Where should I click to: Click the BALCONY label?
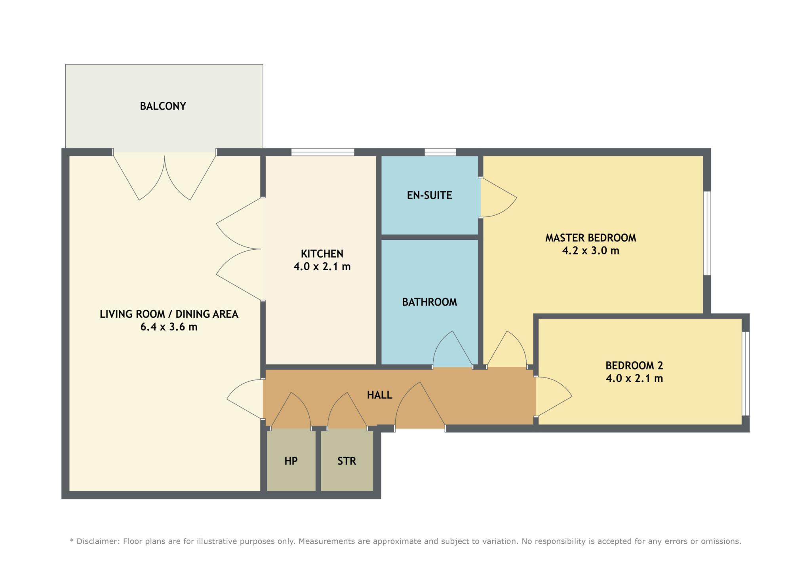point(163,106)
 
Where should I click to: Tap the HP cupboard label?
point(291,461)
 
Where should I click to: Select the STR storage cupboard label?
point(347,461)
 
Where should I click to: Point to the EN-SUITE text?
point(430,195)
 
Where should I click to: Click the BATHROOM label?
point(430,302)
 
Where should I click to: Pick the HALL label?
point(379,395)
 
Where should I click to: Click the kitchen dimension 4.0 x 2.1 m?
point(322,267)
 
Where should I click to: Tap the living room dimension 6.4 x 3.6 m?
point(169,327)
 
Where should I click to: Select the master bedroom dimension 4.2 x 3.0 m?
point(591,250)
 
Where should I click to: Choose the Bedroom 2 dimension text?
point(634,378)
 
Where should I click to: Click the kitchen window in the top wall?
point(323,152)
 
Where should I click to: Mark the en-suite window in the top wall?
point(440,152)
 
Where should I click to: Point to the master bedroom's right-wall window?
point(707,233)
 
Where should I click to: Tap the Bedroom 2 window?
point(746,374)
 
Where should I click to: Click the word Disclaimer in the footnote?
point(96,541)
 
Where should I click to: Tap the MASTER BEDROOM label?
point(591,238)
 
